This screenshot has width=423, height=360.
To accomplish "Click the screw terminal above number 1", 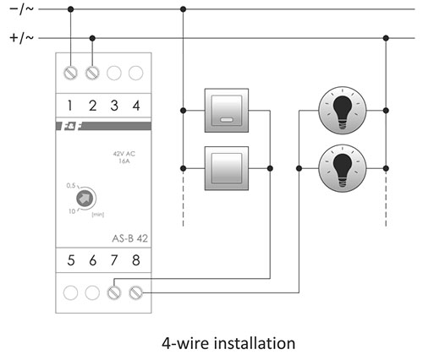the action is click(x=70, y=74).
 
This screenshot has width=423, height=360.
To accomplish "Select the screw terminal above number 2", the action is click(x=92, y=74).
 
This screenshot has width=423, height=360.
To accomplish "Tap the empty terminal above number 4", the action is click(x=136, y=74).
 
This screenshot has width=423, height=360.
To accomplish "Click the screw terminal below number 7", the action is click(x=114, y=292).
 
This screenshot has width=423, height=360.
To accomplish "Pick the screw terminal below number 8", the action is click(x=136, y=292).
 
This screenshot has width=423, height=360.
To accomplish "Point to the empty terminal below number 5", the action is click(x=70, y=292).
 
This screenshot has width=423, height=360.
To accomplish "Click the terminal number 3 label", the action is click(x=114, y=106).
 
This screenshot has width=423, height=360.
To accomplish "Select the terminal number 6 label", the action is click(x=93, y=260).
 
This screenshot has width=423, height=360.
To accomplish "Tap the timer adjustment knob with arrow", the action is click(x=85, y=199).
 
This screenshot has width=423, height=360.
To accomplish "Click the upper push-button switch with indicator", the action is click(x=227, y=111).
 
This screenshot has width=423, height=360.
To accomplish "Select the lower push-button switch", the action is click(x=227, y=168).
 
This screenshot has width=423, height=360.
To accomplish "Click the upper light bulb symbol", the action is click(x=343, y=111).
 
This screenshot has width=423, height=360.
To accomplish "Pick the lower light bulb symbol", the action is click(x=343, y=168).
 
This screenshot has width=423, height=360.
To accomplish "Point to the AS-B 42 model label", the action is click(x=130, y=238).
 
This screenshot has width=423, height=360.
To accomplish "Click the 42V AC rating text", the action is click(x=124, y=154).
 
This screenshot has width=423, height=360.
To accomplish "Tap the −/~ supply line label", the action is click(x=21, y=9).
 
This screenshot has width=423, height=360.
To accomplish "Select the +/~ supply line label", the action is click(x=21, y=38).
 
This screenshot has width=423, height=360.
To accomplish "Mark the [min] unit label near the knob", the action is click(x=98, y=215).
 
